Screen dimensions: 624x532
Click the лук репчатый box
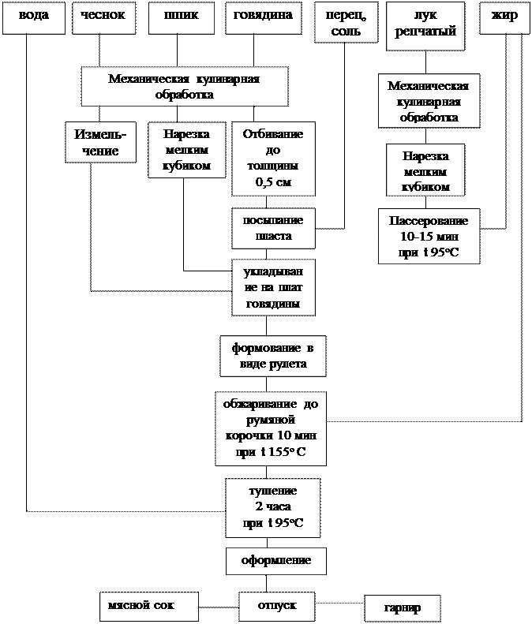point(425,28)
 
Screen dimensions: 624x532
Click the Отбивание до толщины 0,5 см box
point(273,159)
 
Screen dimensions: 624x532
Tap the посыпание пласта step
point(273,227)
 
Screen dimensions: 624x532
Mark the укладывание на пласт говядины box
point(273,287)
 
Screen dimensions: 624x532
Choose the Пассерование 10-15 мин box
point(429,236)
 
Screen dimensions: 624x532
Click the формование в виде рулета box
point(272,356)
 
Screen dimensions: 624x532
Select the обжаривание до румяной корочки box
point(270,428)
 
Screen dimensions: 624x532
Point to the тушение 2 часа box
point(272,507)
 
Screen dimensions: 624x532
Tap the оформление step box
point(275,561)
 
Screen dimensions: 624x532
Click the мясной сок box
point(148,606)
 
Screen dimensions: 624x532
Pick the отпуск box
point(276,606)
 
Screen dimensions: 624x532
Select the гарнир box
point(402,608)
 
